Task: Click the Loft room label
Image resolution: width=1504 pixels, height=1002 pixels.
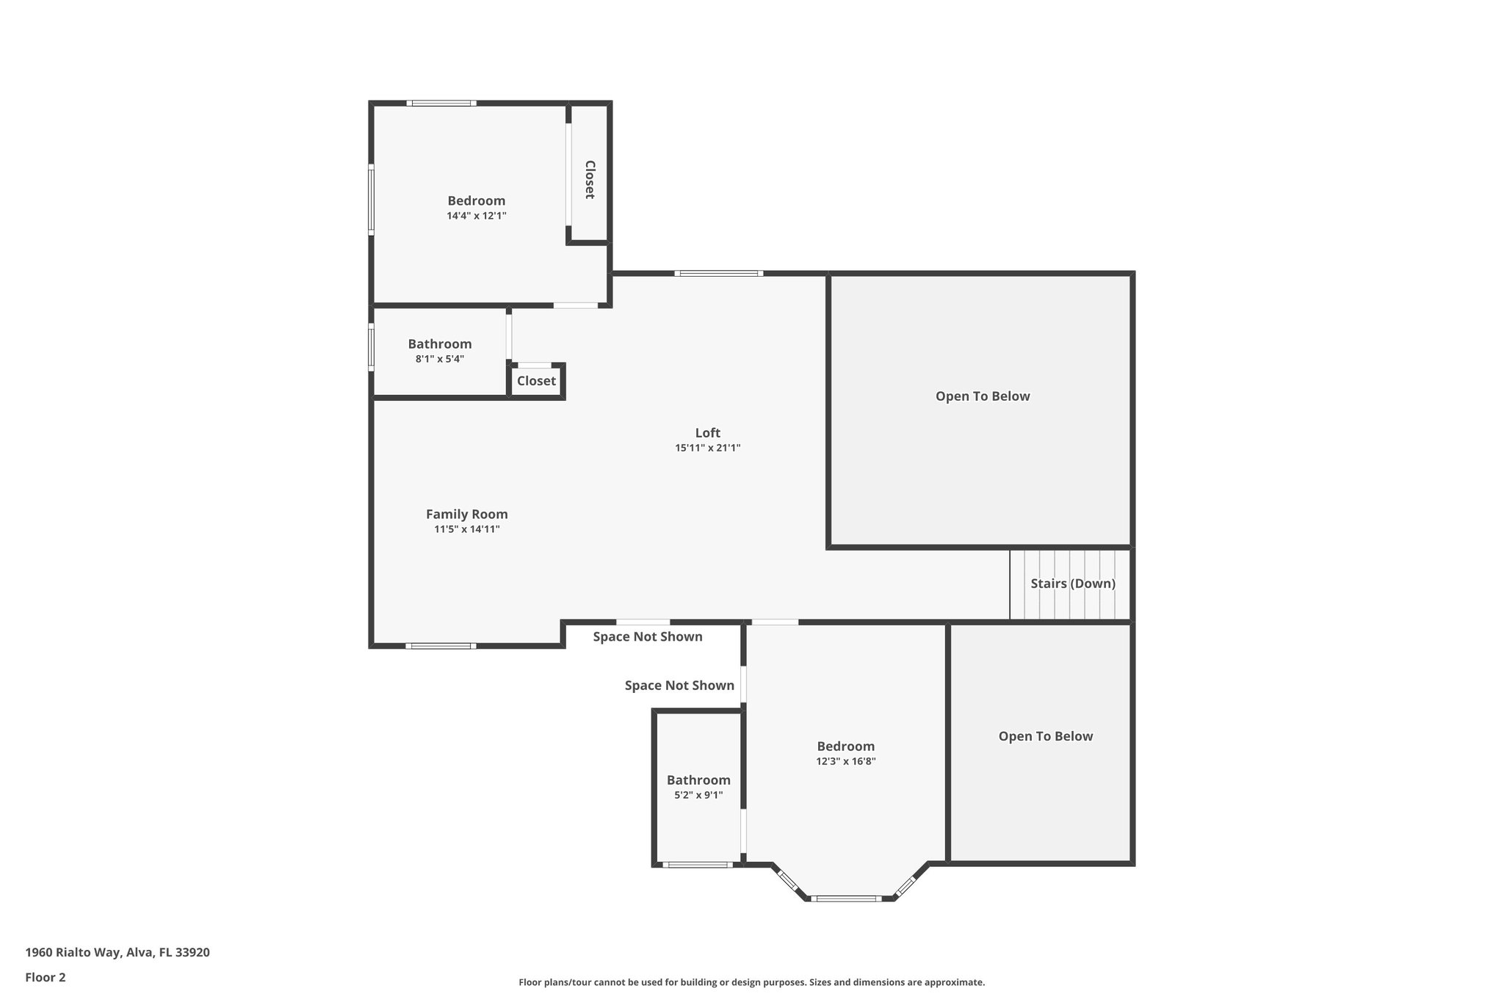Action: tap(707, 433)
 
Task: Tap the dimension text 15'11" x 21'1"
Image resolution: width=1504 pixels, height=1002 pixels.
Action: tap(707, 448)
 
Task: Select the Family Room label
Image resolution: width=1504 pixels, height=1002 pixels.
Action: tap(466, 515)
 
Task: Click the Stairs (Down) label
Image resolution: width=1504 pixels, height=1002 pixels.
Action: tap(1072, 584)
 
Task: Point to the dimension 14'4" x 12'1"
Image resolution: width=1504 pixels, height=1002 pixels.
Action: tap(476, 216)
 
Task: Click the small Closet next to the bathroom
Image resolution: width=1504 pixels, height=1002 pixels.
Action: tap(536, 381)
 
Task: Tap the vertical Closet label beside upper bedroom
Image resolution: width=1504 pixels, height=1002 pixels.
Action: tap(589, 180)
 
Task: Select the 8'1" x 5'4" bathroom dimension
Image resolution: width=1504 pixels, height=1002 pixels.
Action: tap(439, 359)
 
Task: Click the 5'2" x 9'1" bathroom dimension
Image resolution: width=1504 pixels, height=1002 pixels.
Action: tap(698, 795)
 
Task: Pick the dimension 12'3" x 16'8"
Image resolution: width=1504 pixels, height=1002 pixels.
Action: tap(845, 761)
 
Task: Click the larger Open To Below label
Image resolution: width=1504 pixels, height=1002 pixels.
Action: tap(982, 396)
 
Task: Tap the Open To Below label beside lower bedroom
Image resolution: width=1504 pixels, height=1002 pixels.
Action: tap(1045, 736)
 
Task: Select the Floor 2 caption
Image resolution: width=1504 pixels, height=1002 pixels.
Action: tap(46, 977)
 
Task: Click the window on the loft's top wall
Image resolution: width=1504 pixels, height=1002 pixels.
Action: tap(718, 273)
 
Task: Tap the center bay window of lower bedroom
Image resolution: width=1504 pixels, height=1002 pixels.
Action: tap(845, 898)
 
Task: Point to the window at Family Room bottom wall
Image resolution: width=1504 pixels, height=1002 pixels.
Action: tap(440, 646)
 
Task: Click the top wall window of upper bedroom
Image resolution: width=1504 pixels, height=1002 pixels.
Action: tap(441, 103)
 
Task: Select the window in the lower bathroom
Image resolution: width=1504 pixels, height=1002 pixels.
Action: tap(697, 865)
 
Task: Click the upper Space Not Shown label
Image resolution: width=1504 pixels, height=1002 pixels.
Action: tap(647, 636)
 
